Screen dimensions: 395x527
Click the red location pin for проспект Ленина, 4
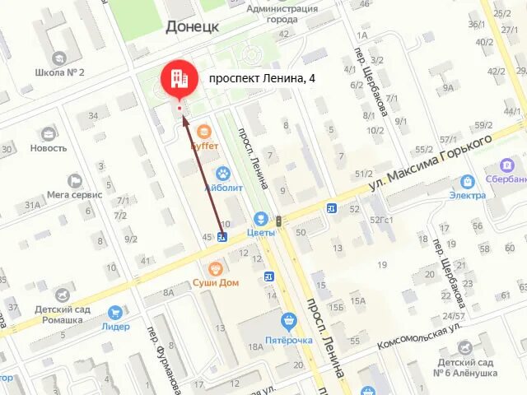coord(179,80)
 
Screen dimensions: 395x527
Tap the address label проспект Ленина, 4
coord(261,79)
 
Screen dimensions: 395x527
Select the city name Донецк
coord(192,26)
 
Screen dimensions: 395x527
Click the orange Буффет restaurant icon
coord(204,131)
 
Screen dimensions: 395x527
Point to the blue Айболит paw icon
coord(222,173)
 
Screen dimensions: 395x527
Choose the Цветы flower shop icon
coord(260,219)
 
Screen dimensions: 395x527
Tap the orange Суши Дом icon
coord(216,268)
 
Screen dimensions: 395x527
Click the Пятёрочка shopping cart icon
coord(287,320)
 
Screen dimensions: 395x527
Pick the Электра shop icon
coord(468,181)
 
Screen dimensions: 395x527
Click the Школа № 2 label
coord(59,72)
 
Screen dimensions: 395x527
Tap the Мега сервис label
coord(74,195)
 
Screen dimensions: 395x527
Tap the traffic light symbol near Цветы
coord(280,221)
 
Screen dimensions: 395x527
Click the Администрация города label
coord(282,14)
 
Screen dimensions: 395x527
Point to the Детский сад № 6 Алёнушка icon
coord(466,347)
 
